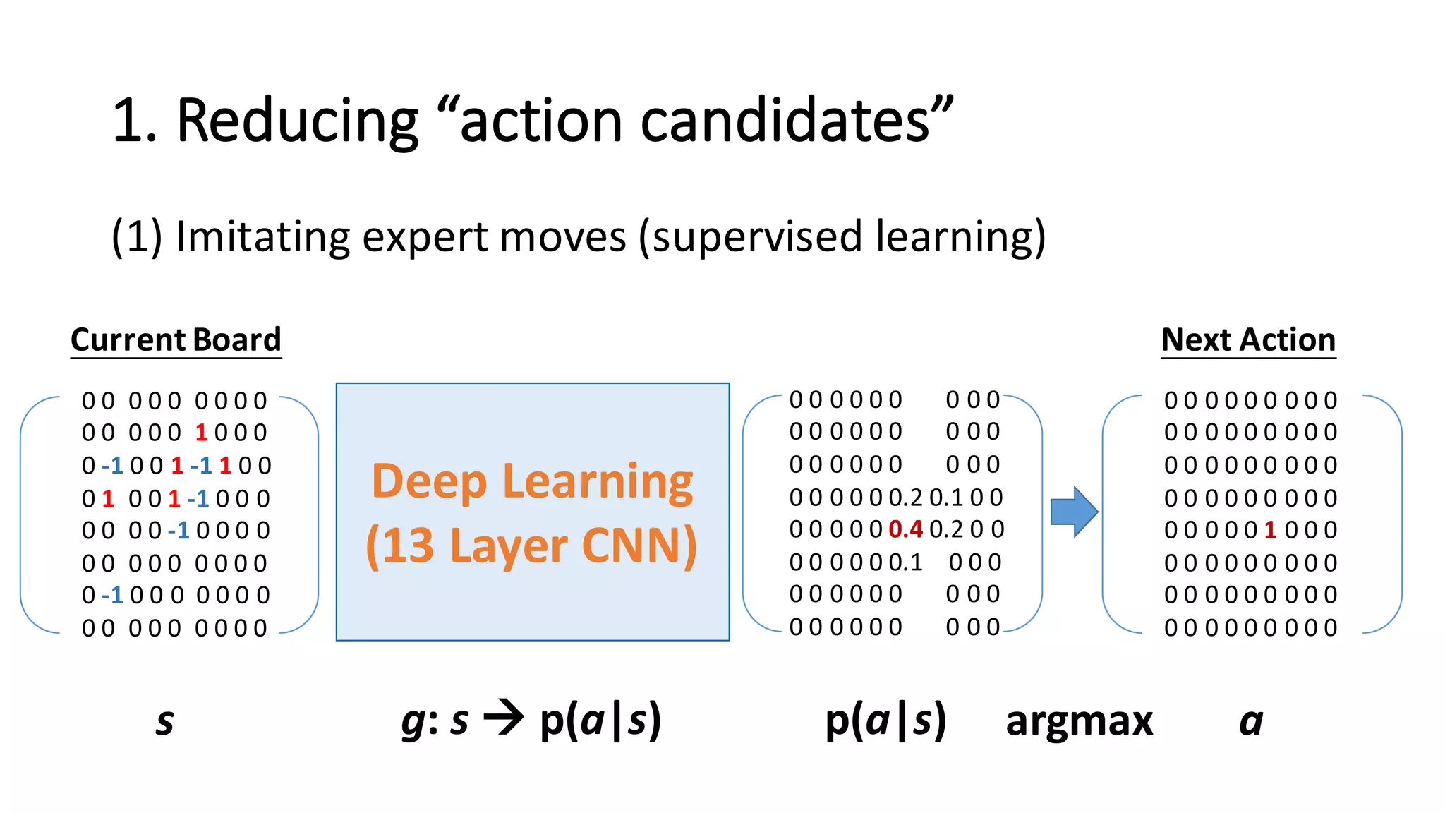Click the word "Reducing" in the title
point(297,121)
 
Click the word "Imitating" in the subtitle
point(262,236)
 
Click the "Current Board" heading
point(176,340)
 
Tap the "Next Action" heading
point(1248,340)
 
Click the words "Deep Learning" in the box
point(533,482)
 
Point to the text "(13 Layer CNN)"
point(533,546)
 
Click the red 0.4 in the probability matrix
point(906,529)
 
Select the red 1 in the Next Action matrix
point(1270,530)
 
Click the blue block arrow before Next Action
point(1073,512)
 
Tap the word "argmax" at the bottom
point(1079,721)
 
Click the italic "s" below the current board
point(164,722)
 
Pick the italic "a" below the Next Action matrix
point(1251,722)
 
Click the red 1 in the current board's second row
point(201,433)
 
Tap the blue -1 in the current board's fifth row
point(179,530)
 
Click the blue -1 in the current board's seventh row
point(113,596)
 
